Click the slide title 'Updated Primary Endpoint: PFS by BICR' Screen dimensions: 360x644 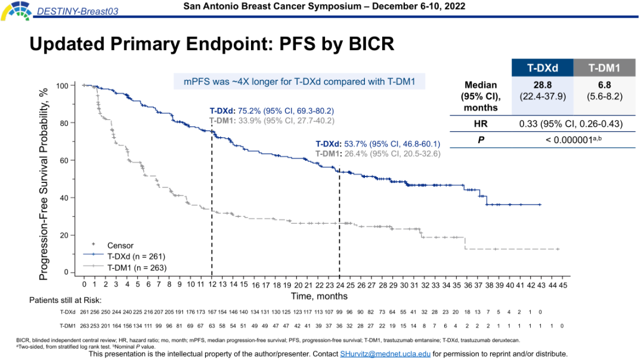click(x=212, y=45)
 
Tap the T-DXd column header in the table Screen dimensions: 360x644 click(x=542, y=68)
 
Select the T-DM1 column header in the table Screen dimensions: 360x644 click(x=604, y=68)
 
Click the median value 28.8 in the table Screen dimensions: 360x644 click(x=542, y=85)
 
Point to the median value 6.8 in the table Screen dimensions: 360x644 click(x=604, y=85)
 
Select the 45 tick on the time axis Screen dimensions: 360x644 click(x=563, y=285)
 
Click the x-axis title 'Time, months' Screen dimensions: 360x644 click(x=319, y=296)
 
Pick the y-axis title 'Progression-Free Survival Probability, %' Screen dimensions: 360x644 click(x=44, y=179)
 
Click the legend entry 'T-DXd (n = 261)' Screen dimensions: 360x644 click(x=137, y=256)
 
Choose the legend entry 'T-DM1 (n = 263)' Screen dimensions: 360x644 click(x=137, y=268)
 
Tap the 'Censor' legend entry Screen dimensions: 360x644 click(x=120, y=245)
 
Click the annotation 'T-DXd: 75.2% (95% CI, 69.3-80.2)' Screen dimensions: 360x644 click(x=271, y=111)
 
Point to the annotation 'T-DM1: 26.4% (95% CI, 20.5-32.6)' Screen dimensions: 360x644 click(x=377, y=153)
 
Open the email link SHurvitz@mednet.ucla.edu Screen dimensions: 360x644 click(x=385, y=354)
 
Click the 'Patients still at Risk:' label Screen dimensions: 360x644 click(x=66, y=299)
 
